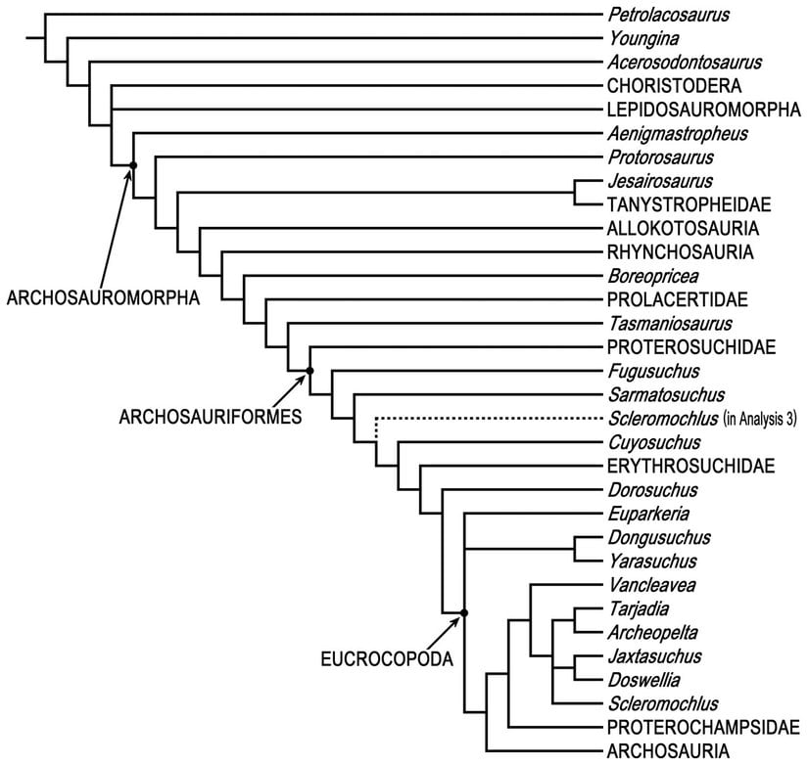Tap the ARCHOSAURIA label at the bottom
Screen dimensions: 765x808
(667, 750)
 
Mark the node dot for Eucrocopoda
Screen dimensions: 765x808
(464, 613)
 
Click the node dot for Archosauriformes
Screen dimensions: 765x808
(309, 370)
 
